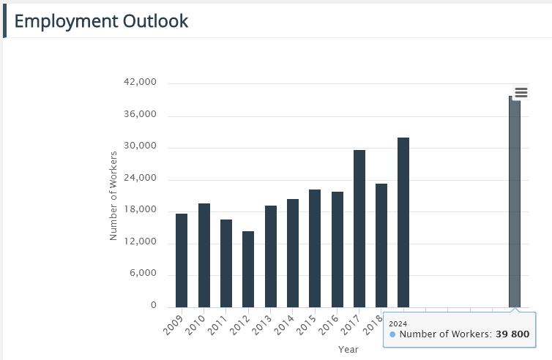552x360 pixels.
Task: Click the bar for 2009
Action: (182, 260)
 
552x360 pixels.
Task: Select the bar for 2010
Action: (204, 255)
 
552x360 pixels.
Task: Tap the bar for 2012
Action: (248, 269)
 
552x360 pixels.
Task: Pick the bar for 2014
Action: (293, 253)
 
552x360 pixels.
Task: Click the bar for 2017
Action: (359, 228)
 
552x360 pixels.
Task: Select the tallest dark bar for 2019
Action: (403, 222)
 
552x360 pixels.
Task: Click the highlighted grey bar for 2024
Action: (515, 201)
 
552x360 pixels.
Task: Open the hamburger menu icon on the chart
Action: (521, 92)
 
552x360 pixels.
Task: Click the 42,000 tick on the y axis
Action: (142, 83)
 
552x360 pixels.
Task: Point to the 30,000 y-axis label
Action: (142, 146)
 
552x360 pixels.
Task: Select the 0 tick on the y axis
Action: (154, 306)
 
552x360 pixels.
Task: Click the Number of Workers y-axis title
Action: (113, 195)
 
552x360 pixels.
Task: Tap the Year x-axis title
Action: (348, 350)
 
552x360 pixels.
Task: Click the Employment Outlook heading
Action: (101, 21)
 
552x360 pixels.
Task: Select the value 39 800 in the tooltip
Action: (512, 334)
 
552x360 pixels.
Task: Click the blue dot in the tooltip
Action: (392, 334)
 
